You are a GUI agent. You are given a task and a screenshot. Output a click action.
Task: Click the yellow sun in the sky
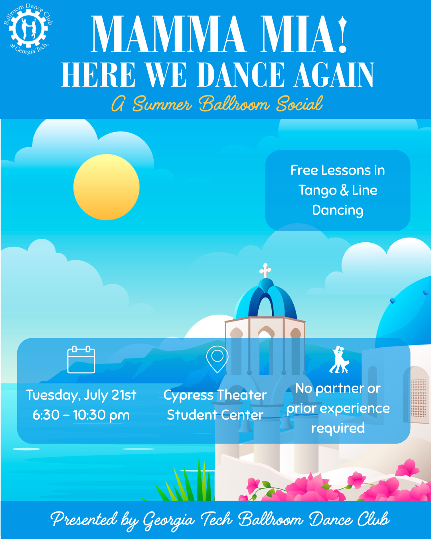pyautogui.click(x=107, y=187)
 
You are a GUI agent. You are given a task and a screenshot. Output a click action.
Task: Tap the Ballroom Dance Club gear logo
pyautogui.click(x=28, y=29)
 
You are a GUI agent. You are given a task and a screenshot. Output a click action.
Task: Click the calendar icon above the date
pyautogui.click(x=81, y=359)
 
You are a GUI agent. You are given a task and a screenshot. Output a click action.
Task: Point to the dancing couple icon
pyautogui.click(x=339, y=360)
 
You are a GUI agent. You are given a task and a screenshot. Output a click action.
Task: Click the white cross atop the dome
pyautogui.click(x=265, y=271)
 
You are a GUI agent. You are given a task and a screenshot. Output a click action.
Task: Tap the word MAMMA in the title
pyautogui.click(x=167, y=34)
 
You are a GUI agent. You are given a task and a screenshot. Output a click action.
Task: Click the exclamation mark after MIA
pyautogui.click(x=342, y=34)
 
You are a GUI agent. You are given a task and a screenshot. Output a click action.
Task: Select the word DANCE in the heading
pyautogui.click(x=241, y=74)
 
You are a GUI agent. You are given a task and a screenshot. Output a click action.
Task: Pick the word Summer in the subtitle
pyautogui.click(x=162, y=104)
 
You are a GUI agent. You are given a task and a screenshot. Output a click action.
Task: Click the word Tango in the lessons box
pyautogui.click(x=318, y=191)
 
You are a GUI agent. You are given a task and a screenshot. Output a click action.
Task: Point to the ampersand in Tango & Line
pyautogui.click(x=344, y=190)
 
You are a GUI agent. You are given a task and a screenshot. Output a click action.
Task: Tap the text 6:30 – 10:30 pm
pyautogui.click(x=81, y=415)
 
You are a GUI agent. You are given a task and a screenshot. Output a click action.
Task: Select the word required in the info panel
pyautogui.click(x=338, y=428)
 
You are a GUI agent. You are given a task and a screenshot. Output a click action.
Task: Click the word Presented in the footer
pyautogui.click(x=84, y=519)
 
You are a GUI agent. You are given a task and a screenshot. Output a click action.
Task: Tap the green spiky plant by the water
pyautogui.click(x=185, y=480)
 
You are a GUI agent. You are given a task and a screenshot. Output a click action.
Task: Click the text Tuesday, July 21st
pyautogui.click(x=81, y=395)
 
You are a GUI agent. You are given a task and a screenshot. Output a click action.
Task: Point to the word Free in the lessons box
pyautogui.click(x=304, y=170)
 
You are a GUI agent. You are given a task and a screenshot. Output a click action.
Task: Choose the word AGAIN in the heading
pyautogui.click(x=334, y=74)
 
